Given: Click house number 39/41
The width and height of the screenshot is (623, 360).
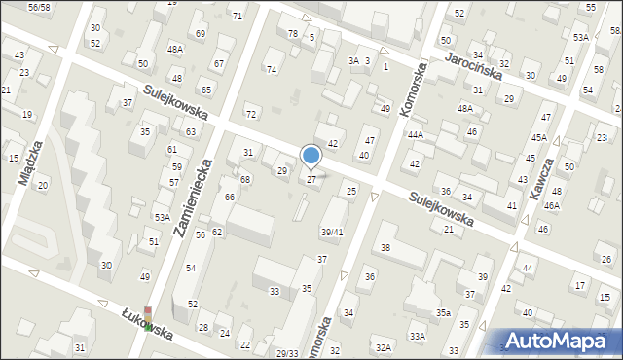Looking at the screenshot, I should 332,232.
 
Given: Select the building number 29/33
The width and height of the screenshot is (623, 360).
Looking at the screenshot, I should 287,353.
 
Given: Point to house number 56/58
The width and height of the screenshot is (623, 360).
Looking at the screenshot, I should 39,7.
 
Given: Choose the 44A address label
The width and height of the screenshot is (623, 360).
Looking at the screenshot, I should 416,134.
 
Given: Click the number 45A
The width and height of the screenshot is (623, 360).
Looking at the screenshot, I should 539,137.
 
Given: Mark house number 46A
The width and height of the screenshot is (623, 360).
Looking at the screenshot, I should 552,205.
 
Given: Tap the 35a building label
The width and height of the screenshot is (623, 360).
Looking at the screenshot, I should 443,312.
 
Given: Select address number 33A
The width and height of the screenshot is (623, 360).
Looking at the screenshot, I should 418,336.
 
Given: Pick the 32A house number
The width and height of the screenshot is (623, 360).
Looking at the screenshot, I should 384,347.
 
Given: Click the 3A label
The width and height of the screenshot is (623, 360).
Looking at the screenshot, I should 354,60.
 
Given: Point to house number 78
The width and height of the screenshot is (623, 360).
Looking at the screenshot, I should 293,34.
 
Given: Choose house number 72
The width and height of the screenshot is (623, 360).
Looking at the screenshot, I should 250,114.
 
